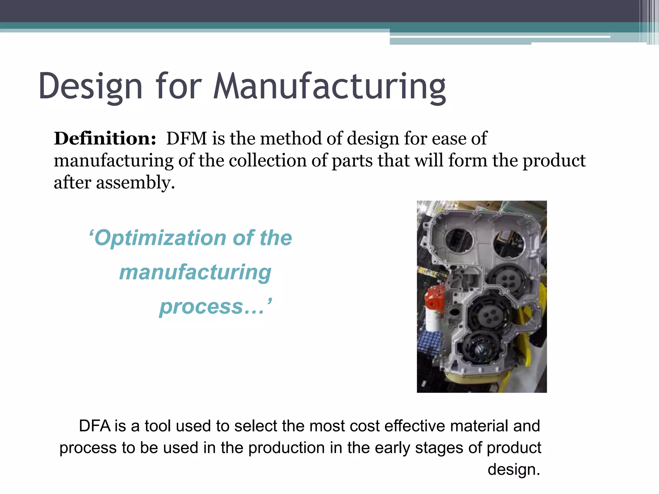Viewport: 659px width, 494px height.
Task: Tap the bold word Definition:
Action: tap(105, 138)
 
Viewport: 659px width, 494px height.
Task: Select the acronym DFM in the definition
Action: tap(187, 138)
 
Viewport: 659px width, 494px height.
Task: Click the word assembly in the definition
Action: tap(135, 183)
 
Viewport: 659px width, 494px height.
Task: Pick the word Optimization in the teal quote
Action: tap(160, 238)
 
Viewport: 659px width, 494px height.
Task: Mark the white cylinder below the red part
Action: tap(432, 318)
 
